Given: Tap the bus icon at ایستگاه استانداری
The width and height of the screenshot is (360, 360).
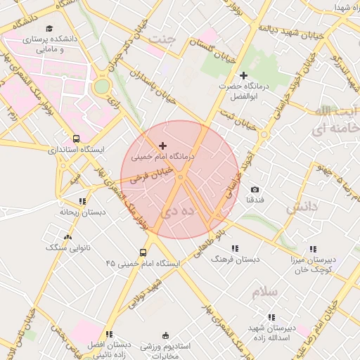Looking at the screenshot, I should (x=76, y=139).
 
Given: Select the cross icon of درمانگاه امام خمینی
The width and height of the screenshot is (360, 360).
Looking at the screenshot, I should (x=163, y=145).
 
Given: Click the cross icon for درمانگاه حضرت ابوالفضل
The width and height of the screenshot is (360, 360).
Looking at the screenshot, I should (x=244, y=75).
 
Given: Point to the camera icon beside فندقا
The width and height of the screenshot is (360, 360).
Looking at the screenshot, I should (x=255, y=190).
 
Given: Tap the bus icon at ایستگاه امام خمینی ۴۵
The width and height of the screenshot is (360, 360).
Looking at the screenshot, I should (x=143, y=252).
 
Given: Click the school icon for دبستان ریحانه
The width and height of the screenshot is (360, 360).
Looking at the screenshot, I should (x=82, y=201).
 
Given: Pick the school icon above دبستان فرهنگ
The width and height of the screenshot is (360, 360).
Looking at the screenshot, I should (x=235, y=248).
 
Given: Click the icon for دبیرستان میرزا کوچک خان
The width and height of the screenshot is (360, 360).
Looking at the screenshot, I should (x=313, y=248).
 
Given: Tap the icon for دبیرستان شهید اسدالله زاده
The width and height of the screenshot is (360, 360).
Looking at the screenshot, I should (x=271, y=317).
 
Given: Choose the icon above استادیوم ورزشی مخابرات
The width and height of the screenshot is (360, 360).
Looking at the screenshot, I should (x=166, y=335).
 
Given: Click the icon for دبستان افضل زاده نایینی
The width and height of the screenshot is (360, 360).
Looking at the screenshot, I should (x=109, y=334).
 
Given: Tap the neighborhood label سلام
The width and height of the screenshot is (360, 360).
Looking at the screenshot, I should (x=264, y=290).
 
